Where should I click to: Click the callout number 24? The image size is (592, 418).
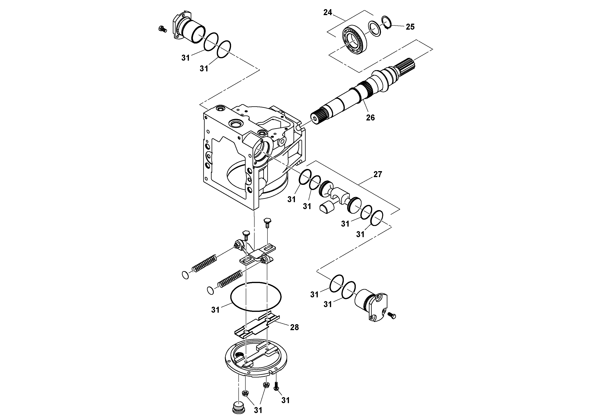(x=328, y=12)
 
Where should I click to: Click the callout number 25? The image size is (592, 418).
(x=410, y=27)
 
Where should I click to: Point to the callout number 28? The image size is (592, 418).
(x=295, y=327)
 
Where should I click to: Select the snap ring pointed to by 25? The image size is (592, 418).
(x=387, y=23)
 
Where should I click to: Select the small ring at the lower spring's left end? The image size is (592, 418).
(x=211, y=290)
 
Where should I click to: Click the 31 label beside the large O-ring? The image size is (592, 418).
(x=215, y=310)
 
